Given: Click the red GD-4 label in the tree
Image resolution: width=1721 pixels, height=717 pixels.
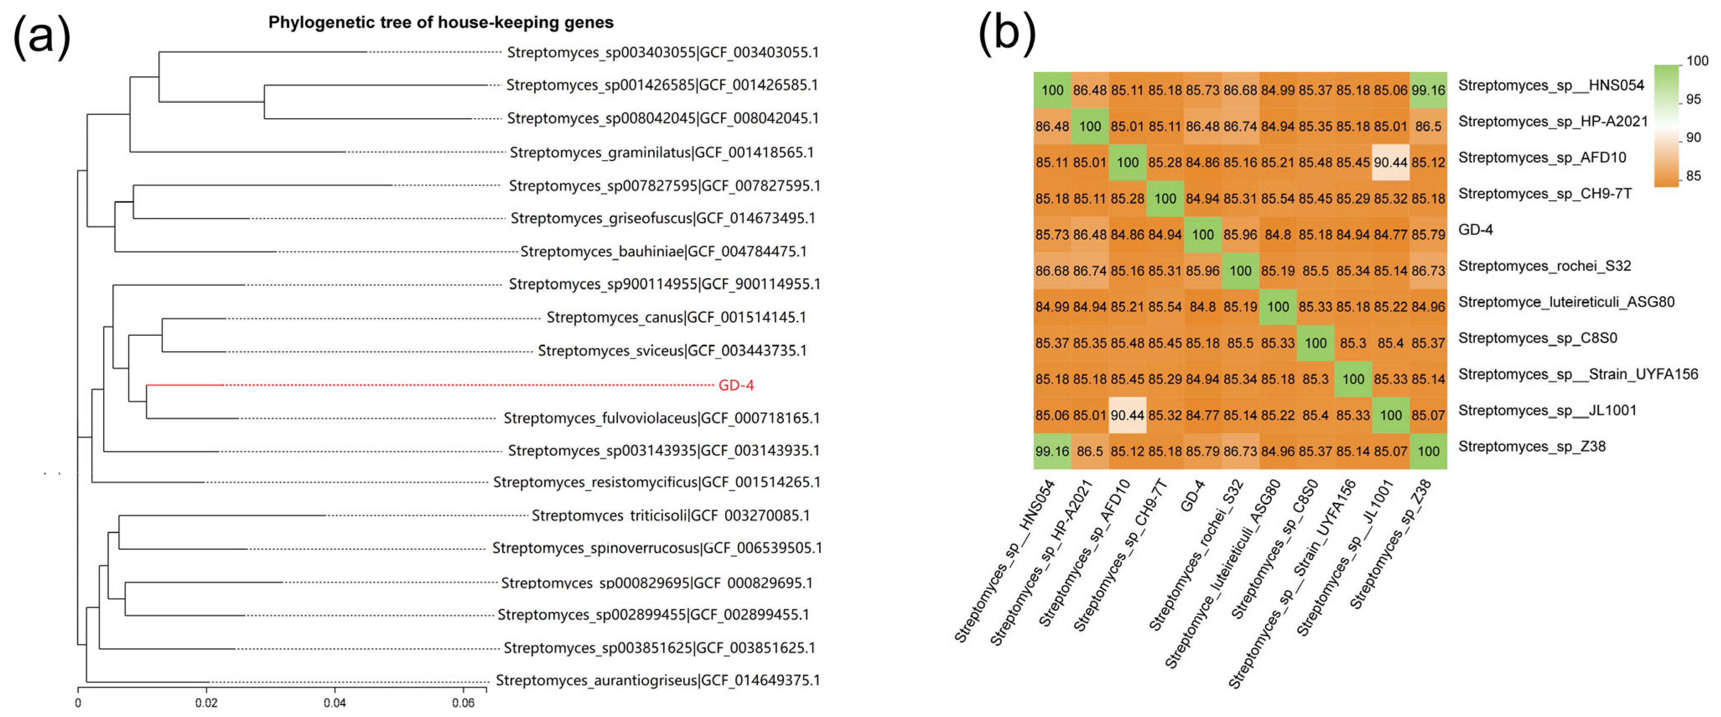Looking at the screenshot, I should click(x=735, y=385).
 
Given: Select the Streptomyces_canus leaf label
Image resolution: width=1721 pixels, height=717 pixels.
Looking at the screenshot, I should click(x=676, y=317).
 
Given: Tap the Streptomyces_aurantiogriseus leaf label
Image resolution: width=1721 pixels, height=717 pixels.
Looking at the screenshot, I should click(x=657, y=680).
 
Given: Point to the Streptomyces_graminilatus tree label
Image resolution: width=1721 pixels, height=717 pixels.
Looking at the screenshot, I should click(x=661, y=153).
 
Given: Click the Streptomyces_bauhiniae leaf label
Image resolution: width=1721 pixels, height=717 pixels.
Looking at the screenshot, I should click(x=663, y=251).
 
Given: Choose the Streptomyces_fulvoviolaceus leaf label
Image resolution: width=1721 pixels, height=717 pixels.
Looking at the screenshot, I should click(x=661, y=418).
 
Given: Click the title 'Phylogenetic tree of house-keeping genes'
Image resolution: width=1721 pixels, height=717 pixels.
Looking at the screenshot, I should click(x=441, y=23).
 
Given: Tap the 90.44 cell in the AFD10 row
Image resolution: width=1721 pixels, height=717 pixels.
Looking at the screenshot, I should click(x=1390, y=162).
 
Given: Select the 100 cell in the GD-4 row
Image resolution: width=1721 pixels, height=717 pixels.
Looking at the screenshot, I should click(x=1203, y=235).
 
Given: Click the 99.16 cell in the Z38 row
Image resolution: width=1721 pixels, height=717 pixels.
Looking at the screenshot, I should click(x=1052, y=451).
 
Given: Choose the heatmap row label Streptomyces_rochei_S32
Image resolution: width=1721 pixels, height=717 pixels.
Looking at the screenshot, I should click(x=1544, y=266).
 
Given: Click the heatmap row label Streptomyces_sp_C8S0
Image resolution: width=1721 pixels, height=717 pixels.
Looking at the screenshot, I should click(x=1537, y=338).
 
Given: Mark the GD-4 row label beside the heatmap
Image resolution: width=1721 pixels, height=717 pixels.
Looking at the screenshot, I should click(x=1475, y=230).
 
